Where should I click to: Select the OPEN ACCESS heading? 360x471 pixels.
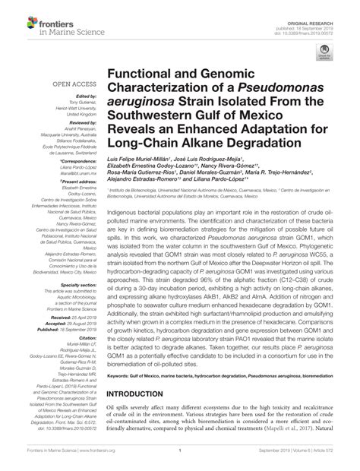[x=74, y=86]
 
